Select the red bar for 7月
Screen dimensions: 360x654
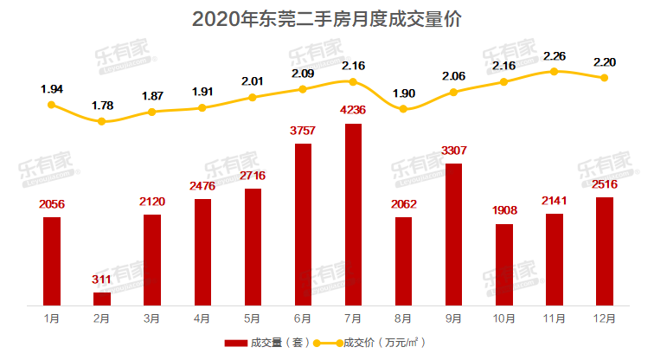click(x=353, y=215)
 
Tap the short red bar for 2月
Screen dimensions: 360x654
click(x=102, y=299)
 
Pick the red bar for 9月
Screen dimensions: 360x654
click(x=453, y=234)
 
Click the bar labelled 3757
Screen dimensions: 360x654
click(x=303, y=224)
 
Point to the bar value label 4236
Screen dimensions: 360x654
click(x=353, y=111)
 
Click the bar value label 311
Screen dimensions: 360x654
click(x=102, y=280)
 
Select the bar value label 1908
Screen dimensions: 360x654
click(x=503, y=211)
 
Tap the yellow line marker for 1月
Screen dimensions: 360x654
click(x=52, y=105)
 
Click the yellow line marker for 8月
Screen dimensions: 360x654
click(x=403, y=108)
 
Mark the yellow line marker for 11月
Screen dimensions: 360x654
click(x=554, y=72)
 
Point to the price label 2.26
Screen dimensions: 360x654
click(x=554, y=56)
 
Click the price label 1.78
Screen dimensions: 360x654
click(x=102, y=106)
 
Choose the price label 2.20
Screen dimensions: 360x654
click(x=604, y=61)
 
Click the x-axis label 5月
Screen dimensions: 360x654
click(x=253, y=318)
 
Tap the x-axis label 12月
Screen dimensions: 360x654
click(x=604, y=318)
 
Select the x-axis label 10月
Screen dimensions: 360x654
click(x=503, y=318)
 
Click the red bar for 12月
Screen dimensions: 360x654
click(x=604, y=251)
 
